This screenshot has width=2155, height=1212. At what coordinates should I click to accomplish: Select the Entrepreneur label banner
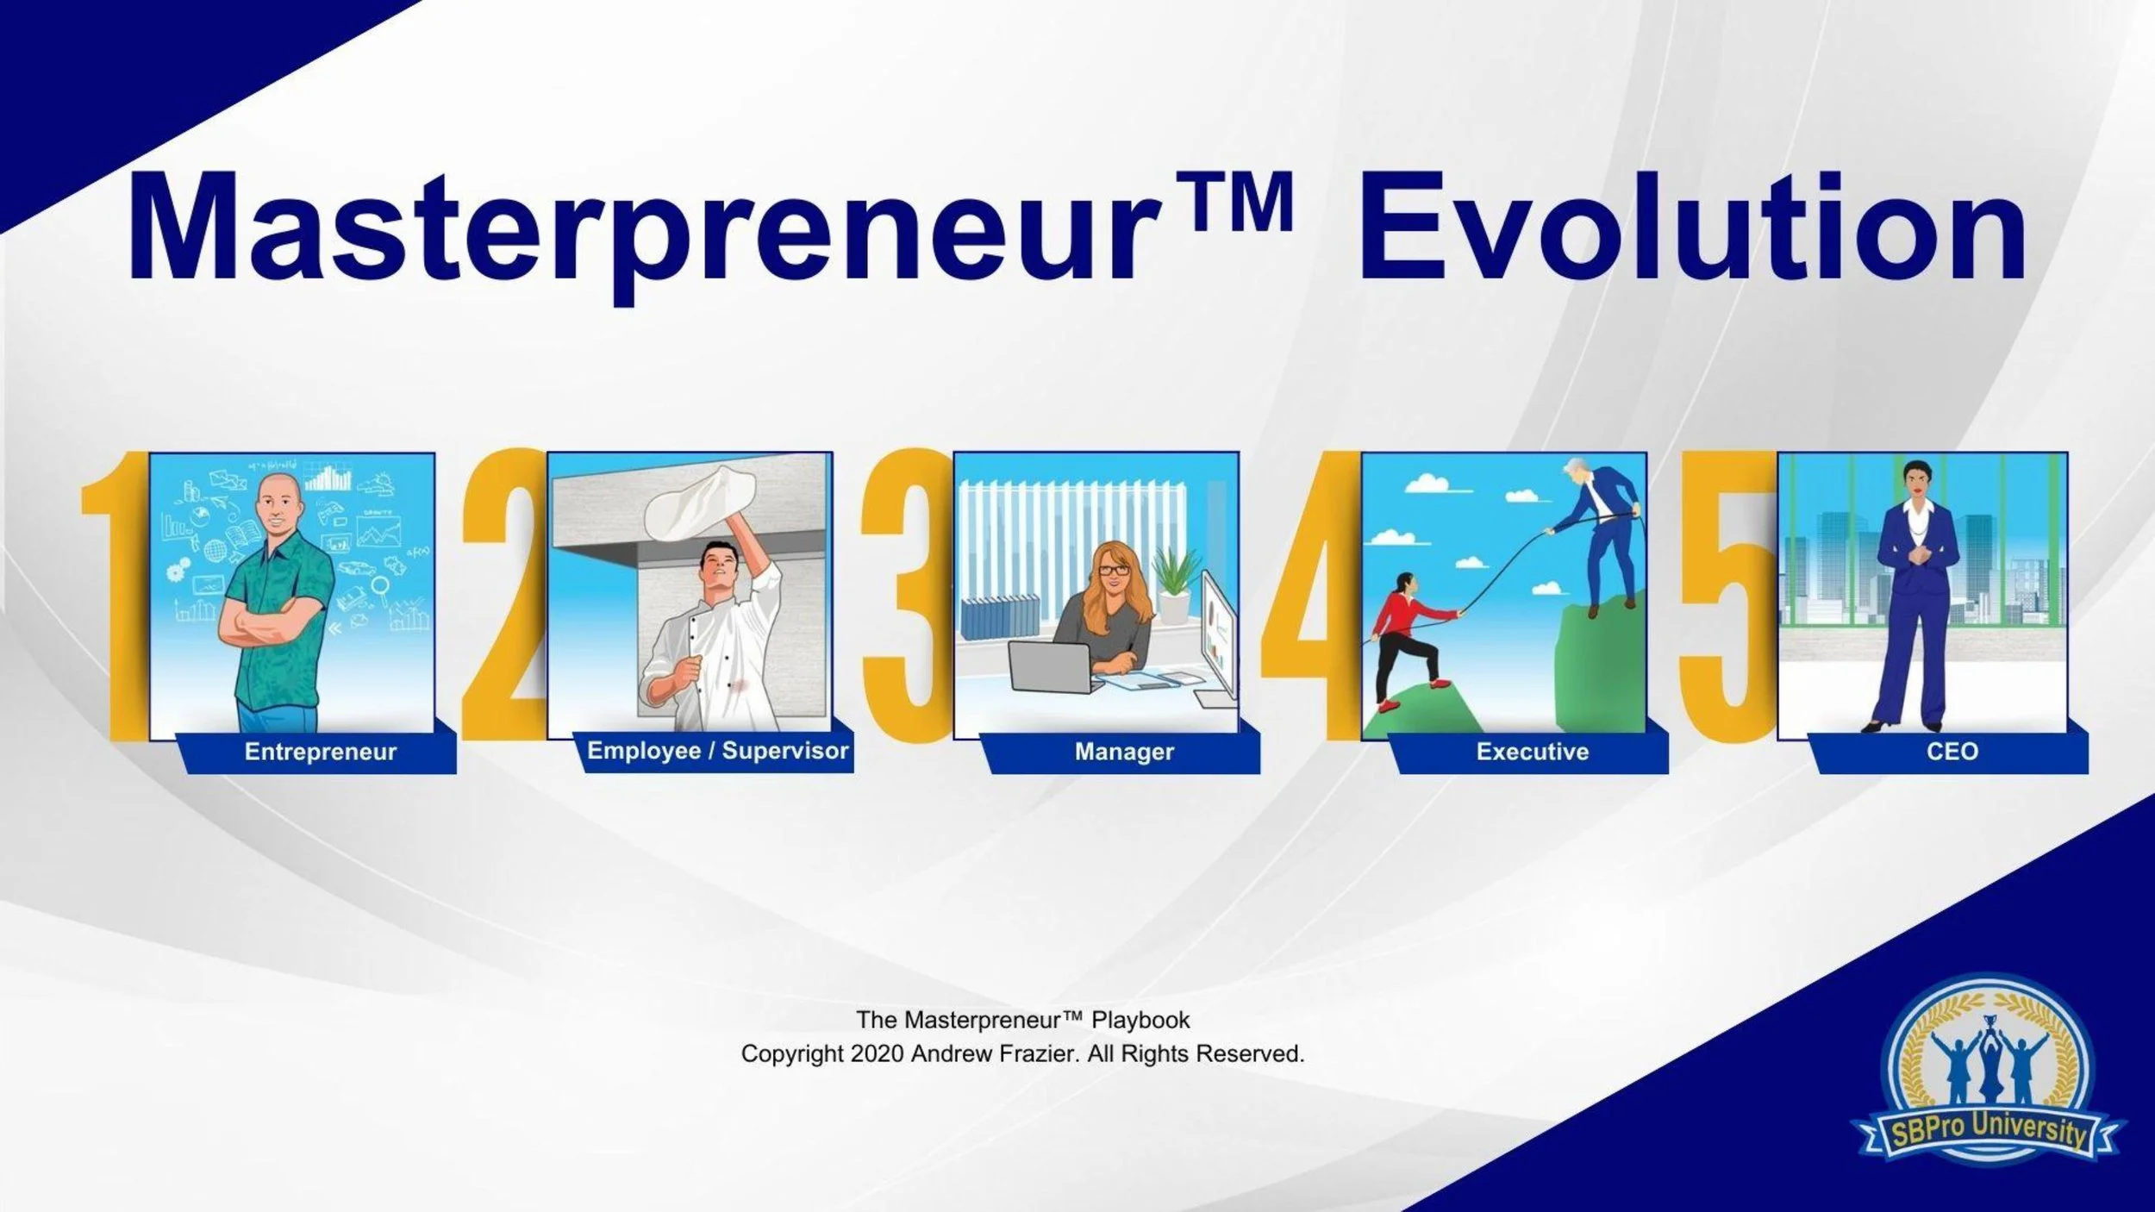pos(320,752)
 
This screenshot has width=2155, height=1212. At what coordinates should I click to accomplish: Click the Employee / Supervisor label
pos(717,751)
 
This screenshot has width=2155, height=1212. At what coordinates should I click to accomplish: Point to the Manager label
pos(1123,752)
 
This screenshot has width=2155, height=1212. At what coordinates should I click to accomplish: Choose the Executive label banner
pos(1532,752)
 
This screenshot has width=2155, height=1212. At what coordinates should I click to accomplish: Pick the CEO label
pos(1952,752)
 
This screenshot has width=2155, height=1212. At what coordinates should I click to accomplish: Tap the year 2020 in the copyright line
pos(876,1054)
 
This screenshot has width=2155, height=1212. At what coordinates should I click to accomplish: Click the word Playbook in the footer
pos(1140,1020)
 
